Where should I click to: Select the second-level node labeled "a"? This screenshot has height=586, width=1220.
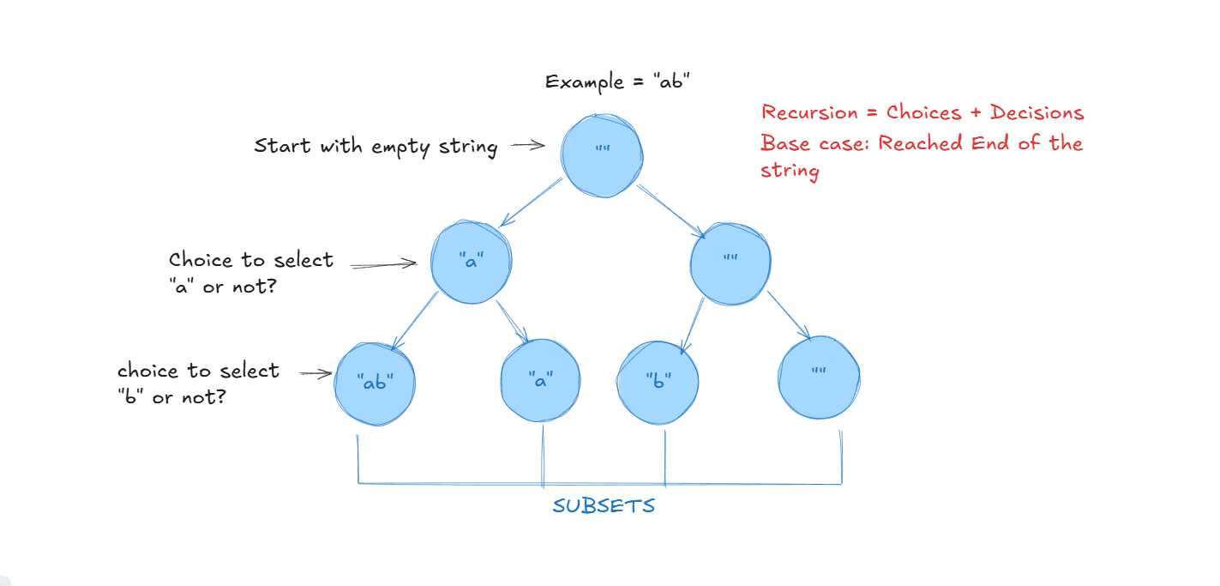471,263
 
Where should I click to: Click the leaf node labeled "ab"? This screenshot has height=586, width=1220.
375,383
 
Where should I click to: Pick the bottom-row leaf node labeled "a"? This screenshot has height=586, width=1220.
540,381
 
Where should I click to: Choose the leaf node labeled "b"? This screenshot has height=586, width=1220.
658,382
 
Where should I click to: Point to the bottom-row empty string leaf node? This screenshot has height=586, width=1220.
819,378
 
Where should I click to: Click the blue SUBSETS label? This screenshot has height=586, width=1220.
604,506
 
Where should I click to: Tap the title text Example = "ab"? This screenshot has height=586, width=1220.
617,82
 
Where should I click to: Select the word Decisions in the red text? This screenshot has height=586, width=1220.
1037,112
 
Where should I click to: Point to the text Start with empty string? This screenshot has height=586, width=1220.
376,147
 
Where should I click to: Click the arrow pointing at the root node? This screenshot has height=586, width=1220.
528,146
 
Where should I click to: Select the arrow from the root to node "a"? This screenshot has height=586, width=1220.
530,203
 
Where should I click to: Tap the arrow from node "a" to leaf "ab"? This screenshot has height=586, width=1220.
415,321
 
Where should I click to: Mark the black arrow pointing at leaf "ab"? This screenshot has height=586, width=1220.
316,372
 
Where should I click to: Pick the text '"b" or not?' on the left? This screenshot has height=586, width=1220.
171,397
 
